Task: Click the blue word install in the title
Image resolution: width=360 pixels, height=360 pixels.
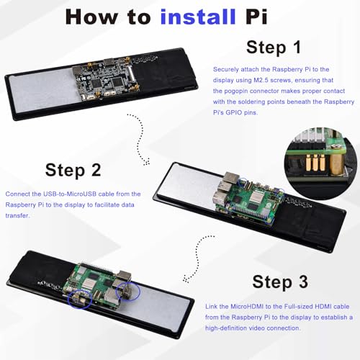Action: coord(198,17)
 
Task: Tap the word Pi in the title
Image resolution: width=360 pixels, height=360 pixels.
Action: coord(256,17)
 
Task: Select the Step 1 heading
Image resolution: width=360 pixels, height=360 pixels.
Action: coord(274,48)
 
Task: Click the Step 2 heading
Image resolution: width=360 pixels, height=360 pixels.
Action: coord(73,170)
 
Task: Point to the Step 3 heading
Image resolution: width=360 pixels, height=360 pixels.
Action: coord(280,282)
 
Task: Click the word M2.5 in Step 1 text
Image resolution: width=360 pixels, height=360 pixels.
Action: coord(261,80)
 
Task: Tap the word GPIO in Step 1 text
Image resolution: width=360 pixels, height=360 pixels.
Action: coord(233,112)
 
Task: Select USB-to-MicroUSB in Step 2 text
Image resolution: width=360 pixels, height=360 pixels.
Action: coord(70,194)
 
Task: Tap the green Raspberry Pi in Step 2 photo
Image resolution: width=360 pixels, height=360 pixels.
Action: coord(249,201)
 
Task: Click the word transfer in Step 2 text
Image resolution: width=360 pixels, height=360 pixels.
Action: coord(17,215)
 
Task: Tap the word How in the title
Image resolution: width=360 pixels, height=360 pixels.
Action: coord(91,17)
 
